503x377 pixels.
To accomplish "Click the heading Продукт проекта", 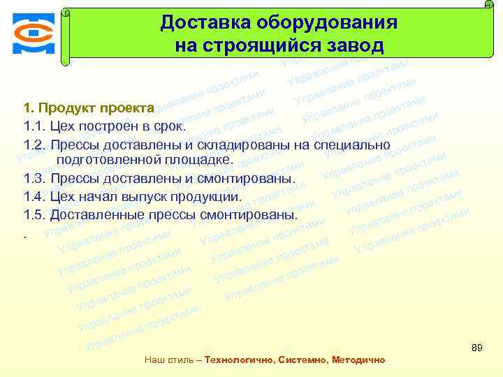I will (x=96, y=108).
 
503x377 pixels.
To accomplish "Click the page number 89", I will (x=477, y=348).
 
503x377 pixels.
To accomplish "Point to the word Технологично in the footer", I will (x=238, y=360).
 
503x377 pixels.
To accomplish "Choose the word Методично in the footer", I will (x=358, y=360).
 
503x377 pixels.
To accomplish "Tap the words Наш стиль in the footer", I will (x=168, y=360).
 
